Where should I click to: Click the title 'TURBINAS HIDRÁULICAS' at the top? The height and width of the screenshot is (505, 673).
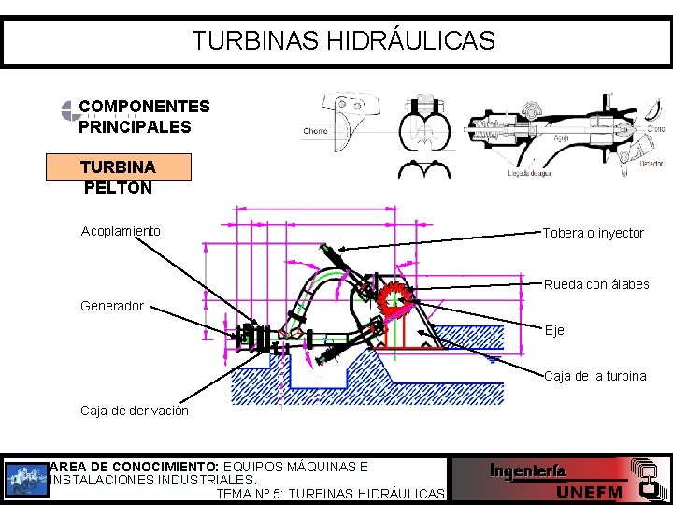[343, 41]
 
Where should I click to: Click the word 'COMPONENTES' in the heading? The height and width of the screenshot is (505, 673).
[144, 107]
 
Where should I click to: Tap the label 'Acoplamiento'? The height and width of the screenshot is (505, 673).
[121, 231]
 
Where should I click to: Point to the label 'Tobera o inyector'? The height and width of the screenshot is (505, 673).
[594, 233]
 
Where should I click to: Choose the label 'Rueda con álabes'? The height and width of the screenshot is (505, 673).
[596, 284]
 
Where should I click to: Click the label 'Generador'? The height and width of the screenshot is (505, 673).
[112, 306]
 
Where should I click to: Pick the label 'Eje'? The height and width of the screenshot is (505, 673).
[555, 330]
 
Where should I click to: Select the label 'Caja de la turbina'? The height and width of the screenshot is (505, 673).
[595, 376]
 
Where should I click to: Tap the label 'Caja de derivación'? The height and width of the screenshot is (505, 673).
[135, 411]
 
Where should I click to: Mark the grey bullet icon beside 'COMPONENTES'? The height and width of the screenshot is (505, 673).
[69, 111]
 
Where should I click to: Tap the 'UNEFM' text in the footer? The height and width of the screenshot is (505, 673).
[590, 493]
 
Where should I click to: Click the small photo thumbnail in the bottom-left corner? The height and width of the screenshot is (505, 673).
[25, 479]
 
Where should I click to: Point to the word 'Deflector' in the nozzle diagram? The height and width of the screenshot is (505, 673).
[652, 162]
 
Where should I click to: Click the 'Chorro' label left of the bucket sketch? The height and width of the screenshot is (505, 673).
[315, 131]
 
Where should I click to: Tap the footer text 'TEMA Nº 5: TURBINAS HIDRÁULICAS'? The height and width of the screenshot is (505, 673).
[330, 494]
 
